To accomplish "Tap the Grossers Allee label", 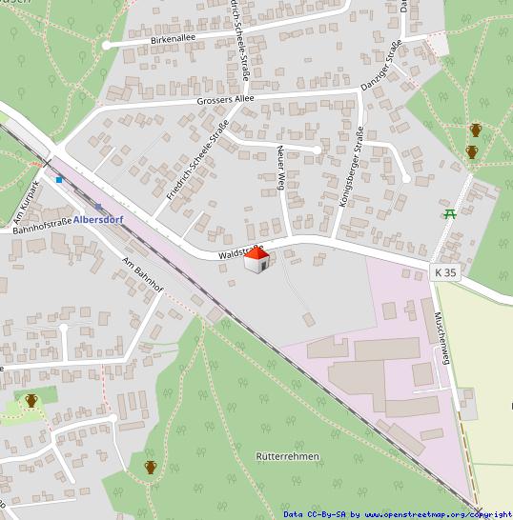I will (226, 98).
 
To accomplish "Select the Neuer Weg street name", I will (281, 168).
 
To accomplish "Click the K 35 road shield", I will (446, 272).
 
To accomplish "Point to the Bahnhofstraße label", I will (42, 226).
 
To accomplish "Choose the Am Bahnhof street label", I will (144, 275).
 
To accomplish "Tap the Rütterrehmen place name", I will (287, 456).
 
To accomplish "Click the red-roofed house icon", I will (256, 260).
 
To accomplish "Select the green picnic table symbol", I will (449, 213).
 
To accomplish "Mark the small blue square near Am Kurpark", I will (59, 178).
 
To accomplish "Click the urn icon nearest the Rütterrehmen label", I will (150, 467).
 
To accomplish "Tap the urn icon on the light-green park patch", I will (31, 401).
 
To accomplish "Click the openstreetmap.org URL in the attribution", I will (439, 514).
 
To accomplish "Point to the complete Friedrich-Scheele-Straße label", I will (197, 158).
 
